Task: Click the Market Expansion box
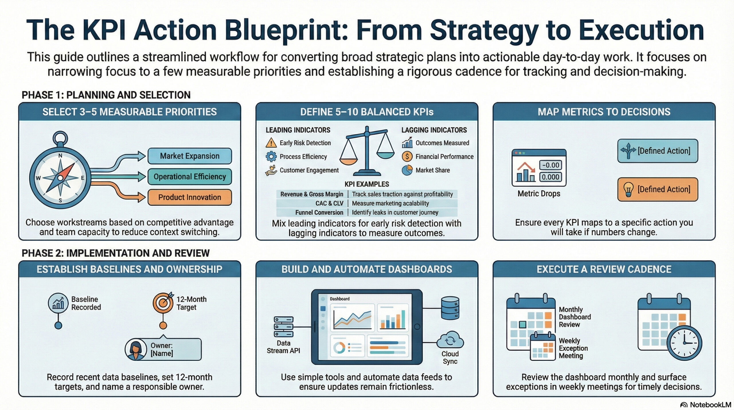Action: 190,156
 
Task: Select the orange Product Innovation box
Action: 190,197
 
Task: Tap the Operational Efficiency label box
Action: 190,177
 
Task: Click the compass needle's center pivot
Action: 60,178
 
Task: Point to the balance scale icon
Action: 367,151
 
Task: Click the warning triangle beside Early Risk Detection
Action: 271,143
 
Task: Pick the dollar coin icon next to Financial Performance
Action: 407,156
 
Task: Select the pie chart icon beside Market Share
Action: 407,170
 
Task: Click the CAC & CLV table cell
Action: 329,203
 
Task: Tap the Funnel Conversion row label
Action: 319,213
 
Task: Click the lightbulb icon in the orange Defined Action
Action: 628,190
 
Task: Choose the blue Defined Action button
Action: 657,151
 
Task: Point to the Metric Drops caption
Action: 539,194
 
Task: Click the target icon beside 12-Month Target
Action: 163,303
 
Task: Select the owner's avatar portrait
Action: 136,349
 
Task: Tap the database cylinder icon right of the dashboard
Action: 450,308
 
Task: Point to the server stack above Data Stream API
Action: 284,327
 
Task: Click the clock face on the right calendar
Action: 684,343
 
